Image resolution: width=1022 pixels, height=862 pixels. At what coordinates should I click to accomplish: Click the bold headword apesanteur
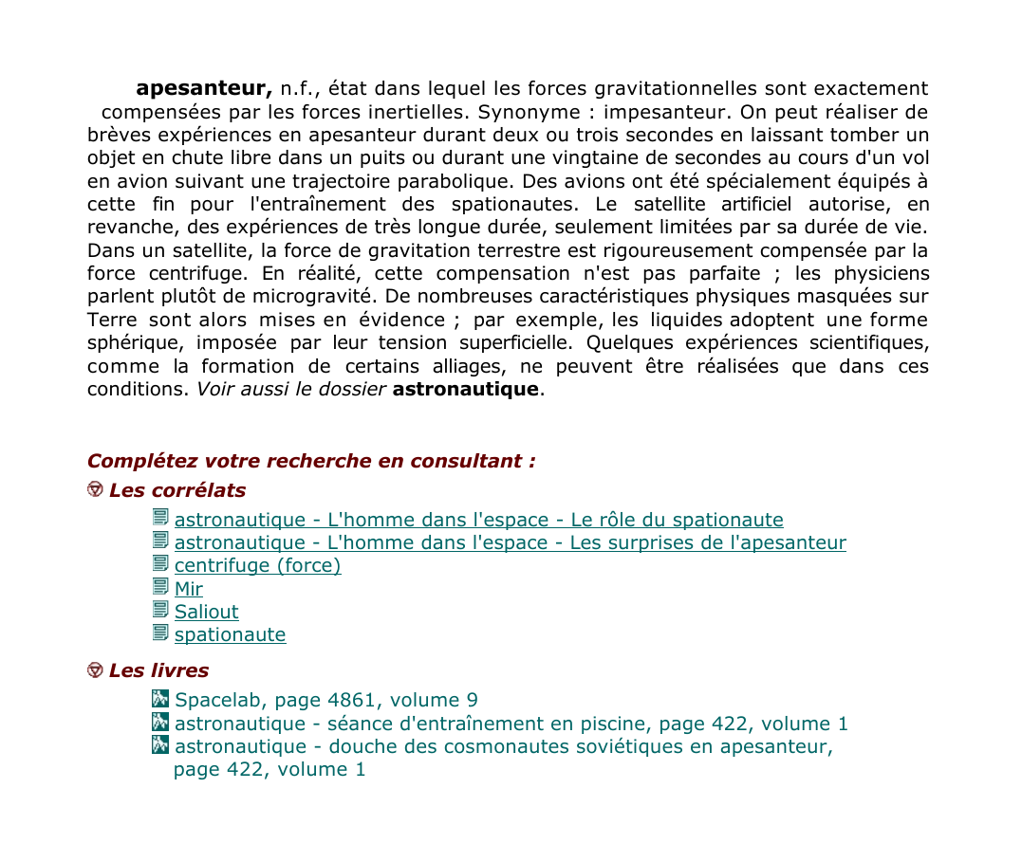coord(204,89)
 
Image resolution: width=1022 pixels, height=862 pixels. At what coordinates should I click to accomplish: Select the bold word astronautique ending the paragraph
coord(465,389)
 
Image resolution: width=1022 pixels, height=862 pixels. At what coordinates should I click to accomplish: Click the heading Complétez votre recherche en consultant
coord(311,461)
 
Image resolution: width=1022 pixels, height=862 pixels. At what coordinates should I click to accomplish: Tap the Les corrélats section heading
coord(177,490)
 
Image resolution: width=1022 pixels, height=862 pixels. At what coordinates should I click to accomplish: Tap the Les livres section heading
coord(158,670)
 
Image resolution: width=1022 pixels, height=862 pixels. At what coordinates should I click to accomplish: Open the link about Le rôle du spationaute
coord(478,520)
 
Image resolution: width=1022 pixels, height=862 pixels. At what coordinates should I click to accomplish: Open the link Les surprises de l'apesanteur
coord(510,542)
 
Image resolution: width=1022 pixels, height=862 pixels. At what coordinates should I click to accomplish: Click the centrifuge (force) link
coord(257,565)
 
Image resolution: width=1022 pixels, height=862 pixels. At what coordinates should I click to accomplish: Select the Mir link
coord(188,589)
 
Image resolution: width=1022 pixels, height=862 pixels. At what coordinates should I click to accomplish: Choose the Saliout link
coord(206,612)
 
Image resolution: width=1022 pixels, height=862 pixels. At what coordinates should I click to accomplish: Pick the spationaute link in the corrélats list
coord(230,634)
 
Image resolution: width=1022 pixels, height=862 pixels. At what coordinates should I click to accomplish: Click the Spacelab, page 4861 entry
coord(325,700)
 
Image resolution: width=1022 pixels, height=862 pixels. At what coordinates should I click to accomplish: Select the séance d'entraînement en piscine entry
coord(511,724)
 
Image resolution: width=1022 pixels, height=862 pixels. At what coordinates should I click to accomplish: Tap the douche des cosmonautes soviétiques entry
coord(503,746)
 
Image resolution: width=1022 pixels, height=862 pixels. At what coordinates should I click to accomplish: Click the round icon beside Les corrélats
coord(95,489)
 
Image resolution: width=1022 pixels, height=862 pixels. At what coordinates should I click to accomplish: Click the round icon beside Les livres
coord(95,669)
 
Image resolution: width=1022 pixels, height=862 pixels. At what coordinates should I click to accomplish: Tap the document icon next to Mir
coord(160,587)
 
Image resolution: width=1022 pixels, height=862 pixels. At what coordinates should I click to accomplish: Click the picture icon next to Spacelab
coord(160,699)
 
